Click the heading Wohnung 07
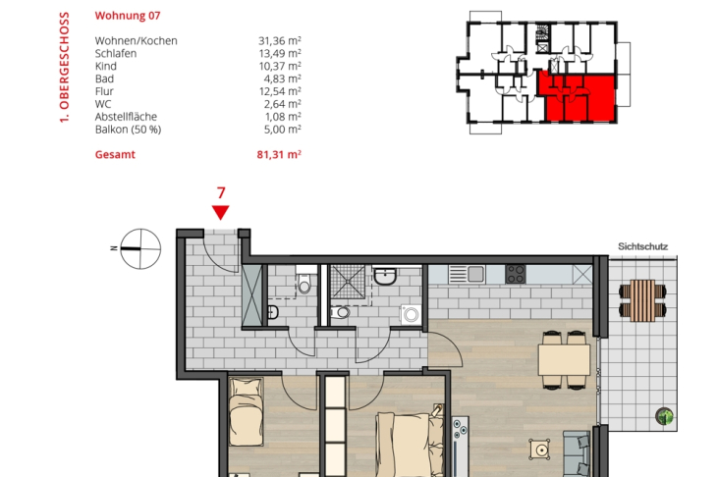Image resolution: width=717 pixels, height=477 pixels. tap(128, 16)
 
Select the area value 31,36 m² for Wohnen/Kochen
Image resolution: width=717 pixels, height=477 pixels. tap(279, 40)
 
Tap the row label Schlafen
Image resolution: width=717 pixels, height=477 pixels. tap(116, 53)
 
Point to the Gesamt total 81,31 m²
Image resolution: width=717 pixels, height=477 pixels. tap(279, 154)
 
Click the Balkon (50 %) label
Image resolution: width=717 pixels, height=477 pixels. tap(128, 130)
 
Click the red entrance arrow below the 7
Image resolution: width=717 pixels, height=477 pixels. tap(220, 212)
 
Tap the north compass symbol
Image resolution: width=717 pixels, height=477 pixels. tap(139, 249)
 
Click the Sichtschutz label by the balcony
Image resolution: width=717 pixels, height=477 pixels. tap(643, 246)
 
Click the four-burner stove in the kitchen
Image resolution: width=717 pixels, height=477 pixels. tap(516, 274)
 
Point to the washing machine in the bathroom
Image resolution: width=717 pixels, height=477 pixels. tap(411, 315)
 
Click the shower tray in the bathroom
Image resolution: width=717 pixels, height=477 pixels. tap(348, 281)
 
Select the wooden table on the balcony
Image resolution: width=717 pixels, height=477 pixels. tap(642, 300)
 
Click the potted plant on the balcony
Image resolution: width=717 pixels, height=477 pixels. tap(664, 416)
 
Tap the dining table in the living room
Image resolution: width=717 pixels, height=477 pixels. tap(565, 360)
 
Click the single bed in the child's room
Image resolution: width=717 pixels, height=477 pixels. tap(246, 411)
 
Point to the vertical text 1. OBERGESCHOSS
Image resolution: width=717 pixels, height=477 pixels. tap(64, 67)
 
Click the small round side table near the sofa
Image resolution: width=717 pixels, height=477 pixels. tap(540, 450)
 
